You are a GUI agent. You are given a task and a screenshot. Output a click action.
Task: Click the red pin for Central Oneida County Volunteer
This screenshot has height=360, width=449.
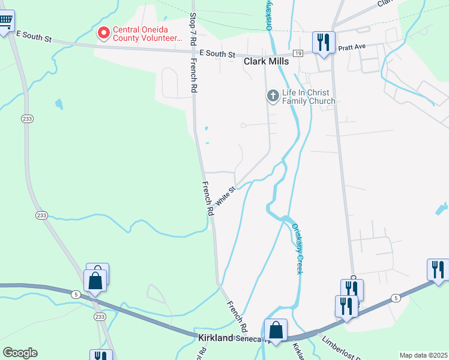[104, 32]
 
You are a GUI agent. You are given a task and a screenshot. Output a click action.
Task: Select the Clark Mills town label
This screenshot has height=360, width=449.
[267, 61]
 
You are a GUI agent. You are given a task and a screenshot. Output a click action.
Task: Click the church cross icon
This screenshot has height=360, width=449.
[273, 96]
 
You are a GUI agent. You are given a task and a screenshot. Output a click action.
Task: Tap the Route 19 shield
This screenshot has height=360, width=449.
[297, 53]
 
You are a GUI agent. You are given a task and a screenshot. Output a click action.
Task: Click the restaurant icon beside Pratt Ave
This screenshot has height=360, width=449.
[324, 43]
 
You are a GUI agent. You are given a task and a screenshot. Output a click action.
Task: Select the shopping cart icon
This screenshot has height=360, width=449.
[5, 22]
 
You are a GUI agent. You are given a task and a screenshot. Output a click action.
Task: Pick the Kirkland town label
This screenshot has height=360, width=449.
[215, 338]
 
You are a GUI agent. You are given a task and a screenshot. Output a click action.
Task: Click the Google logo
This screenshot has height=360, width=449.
[20, 353]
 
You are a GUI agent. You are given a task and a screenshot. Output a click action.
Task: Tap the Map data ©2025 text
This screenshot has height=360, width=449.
[423, 355]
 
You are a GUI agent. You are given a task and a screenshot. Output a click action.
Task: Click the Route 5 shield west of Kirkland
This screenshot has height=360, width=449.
[76, 294]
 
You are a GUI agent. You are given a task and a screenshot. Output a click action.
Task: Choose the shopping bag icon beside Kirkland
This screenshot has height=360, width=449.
[276, 331]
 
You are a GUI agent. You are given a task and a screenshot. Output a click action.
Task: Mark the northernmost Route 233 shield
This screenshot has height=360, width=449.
[26, 118]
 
